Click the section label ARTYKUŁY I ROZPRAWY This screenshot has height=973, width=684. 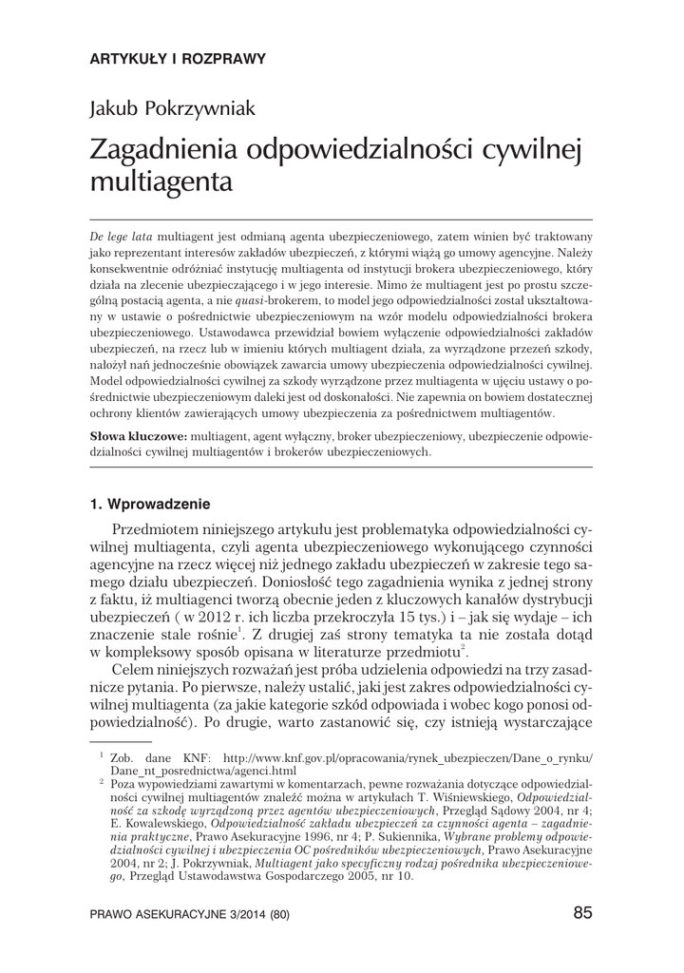click(x=178, y=58)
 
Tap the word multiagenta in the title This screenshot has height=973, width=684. click(x=161, y=181)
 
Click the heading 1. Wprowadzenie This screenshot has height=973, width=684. click(x=149, y=503)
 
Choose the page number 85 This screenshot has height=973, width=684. click(x=583, y=913)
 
